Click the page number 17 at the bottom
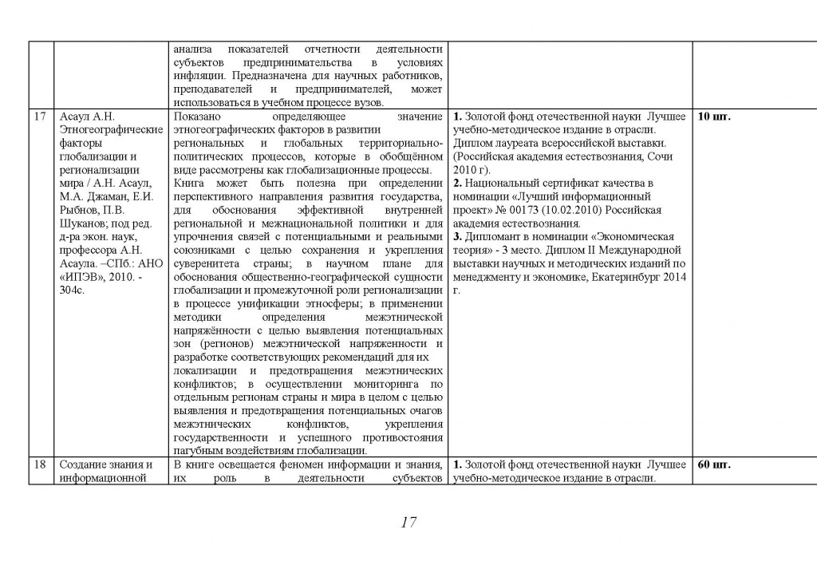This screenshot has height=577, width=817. coord(408,524)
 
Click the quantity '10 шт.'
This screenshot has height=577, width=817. coord(715,117)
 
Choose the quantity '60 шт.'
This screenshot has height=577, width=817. coord(715,464)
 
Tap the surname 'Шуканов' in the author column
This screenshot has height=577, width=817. coord(84,223)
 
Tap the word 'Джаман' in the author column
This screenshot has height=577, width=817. coord(106,196)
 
